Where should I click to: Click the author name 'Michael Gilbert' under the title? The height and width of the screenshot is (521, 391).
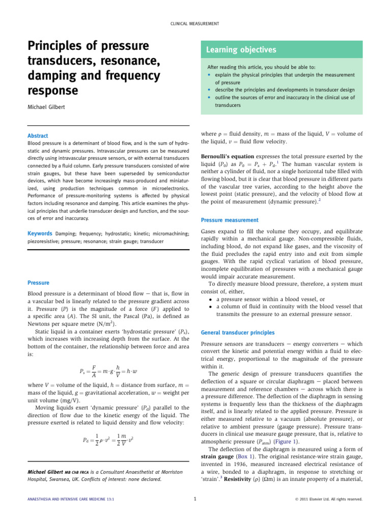[x=49, y=108]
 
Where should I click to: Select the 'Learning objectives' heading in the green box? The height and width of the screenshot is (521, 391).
[x=241, y=50]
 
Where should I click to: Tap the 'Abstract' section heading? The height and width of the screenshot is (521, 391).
[x=38, y=136]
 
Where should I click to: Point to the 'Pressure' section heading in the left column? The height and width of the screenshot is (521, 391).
[x=38, y=282]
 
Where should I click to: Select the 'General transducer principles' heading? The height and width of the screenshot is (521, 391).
[x=237, y=332]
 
